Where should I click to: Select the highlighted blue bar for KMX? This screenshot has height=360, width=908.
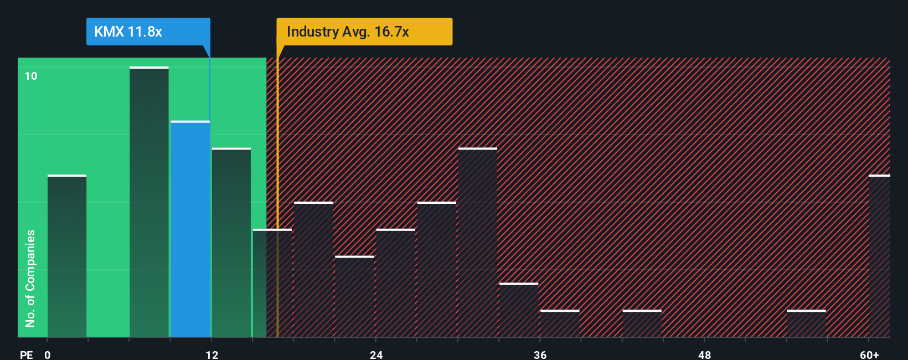pyautogui.click(x=190, y=229)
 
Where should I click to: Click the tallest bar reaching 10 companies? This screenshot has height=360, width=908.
pyautogui.click(x=149, y=202)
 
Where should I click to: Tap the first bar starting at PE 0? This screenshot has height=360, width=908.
pyautogui.click(x=66, y=256)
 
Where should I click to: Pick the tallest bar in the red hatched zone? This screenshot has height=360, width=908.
pyautogui.click(x=477, y=243)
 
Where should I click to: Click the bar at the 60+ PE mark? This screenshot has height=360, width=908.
pyautogui.click(x=879, y=256)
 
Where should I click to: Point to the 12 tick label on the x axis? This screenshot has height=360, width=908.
pyautogui.click(x=212, y=354)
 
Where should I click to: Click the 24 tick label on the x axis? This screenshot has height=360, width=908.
pyautogui.click(x=376, y=354)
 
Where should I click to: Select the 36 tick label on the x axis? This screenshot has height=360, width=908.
pyautogui.click(x=540, y=354)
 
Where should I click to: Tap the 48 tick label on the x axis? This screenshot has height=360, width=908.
pyautogui.click(x=704, y=354)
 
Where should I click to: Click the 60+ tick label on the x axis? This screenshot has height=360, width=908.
pyautogui.click(x=869, y=354)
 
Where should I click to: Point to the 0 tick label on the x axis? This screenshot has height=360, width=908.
pyautogui.click(x=48, y=354)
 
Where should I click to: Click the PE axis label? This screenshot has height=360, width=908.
pyautogui.click(x=26, y=354)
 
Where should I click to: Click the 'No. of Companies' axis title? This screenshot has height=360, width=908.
pyautogui.click(x=30, y=278)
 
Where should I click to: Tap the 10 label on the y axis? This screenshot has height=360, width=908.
pyautogui.click(x=31, y=76)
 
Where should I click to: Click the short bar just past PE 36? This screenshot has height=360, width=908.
pyautogui.click(x=560, y=323)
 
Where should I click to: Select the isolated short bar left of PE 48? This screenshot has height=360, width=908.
pyautogui.click(x=642, y=323)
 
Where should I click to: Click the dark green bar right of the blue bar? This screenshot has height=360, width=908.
pyautogui.click(x=231, y=243)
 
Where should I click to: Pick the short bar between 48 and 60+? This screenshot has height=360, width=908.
pyautogui.click(x=806, y=323)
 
